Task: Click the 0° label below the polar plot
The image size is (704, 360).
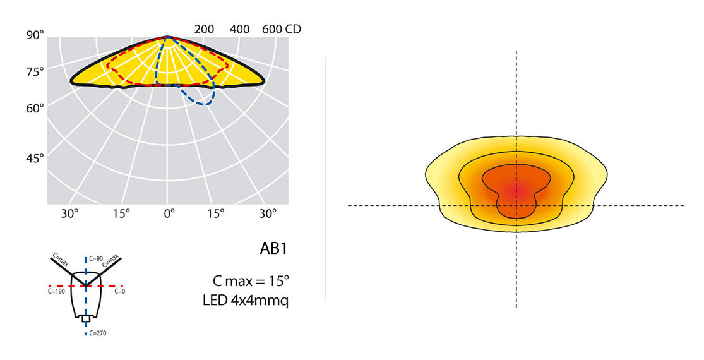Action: [169, 213]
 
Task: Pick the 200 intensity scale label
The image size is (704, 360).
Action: [204, 30]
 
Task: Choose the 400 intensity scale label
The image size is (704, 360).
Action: [240, 30]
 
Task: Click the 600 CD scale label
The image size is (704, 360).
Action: [282, 30]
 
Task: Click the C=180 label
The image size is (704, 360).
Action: [56, 292]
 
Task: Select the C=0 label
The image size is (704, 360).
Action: [119, 292]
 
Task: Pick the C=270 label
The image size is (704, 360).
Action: [97, 332]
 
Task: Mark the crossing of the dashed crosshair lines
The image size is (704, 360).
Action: [516, 205]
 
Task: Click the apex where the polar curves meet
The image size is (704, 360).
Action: [168, 37]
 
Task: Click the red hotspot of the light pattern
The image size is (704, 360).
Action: [516, 189]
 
